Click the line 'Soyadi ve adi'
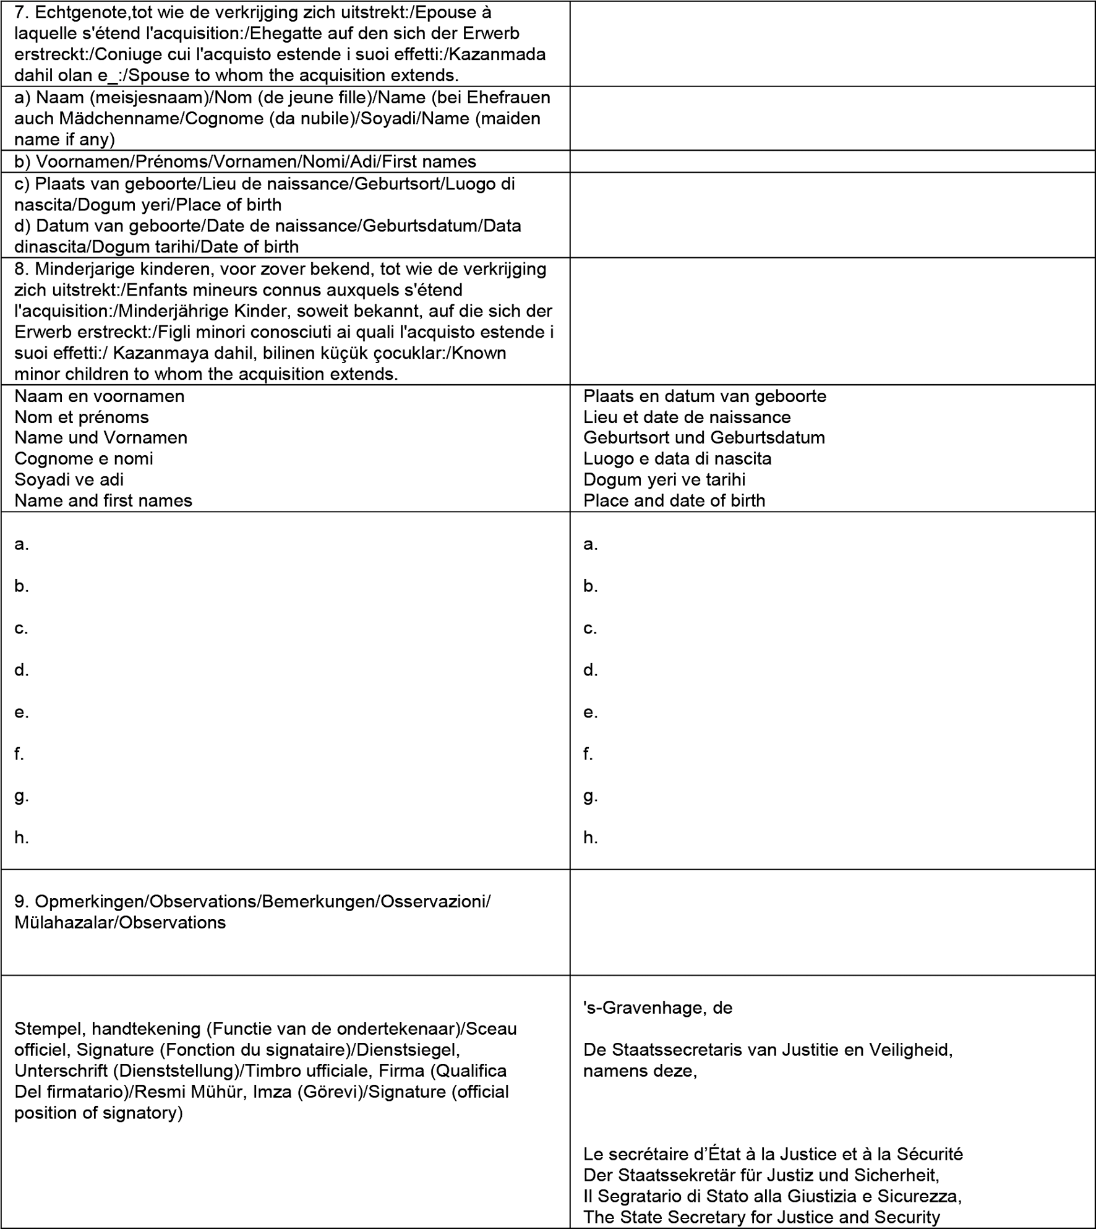pos(69,479)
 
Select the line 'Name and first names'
pos(103,500)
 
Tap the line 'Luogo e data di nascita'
pos(677,458)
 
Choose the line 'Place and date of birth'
pos(674,500)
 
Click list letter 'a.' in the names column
pos(22,544)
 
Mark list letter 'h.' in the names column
pos(22,837)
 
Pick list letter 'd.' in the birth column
pos(590,670)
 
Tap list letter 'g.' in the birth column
pos(590,796)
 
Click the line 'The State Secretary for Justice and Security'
pos(761,1217)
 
